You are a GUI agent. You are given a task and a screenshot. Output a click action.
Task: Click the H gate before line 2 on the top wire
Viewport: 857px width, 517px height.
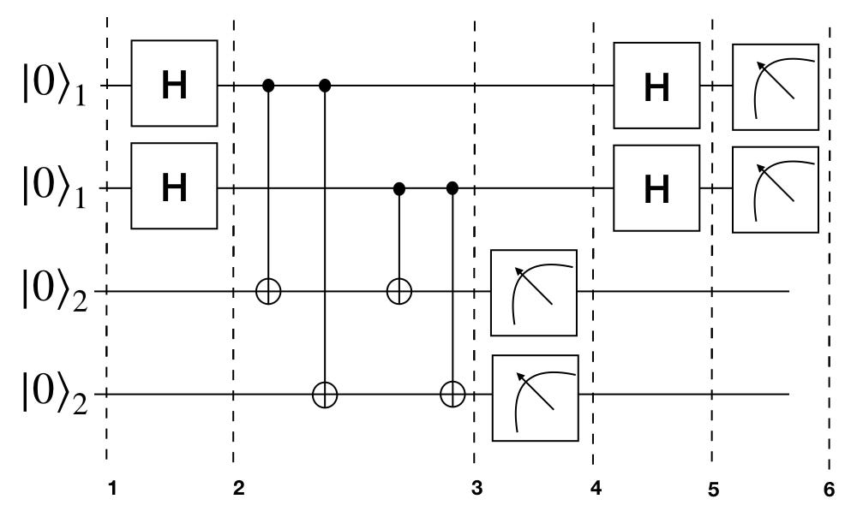click(x=175, y=86)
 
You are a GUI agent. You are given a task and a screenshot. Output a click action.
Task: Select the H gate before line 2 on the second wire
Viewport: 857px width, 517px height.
click(x=175, y=187)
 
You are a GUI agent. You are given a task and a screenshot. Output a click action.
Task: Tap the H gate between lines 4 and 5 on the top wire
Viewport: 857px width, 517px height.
click(x=656, y=86)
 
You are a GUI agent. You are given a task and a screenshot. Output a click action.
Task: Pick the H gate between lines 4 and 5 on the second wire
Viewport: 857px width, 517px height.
click(x=656, y=187)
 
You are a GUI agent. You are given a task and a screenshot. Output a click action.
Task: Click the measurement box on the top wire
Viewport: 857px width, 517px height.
click(x=775, y=86)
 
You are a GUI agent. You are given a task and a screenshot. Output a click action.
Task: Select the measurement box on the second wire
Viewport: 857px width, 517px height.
click(x=775, y=189)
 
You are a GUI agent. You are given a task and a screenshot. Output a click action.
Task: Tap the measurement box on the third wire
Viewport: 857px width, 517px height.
click(x=533, y=291)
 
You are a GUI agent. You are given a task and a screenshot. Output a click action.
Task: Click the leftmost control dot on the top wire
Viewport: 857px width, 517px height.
click(x=268, y=86)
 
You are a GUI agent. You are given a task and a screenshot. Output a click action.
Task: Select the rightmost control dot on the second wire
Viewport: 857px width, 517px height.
click(x=452, y=187)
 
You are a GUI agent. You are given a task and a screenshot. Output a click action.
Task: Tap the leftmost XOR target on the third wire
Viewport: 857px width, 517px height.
click(x=268, y=292)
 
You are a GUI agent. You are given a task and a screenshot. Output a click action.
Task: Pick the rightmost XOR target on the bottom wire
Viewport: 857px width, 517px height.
click(x=452, y=395)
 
